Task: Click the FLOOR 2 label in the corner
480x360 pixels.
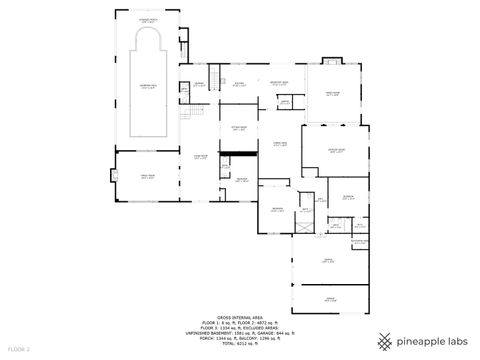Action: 19,348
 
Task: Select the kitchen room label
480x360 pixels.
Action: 239,85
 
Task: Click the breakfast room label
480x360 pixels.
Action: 280,83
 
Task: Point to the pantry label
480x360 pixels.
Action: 284,102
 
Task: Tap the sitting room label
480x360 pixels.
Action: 239,129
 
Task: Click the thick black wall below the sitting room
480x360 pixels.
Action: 236,153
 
